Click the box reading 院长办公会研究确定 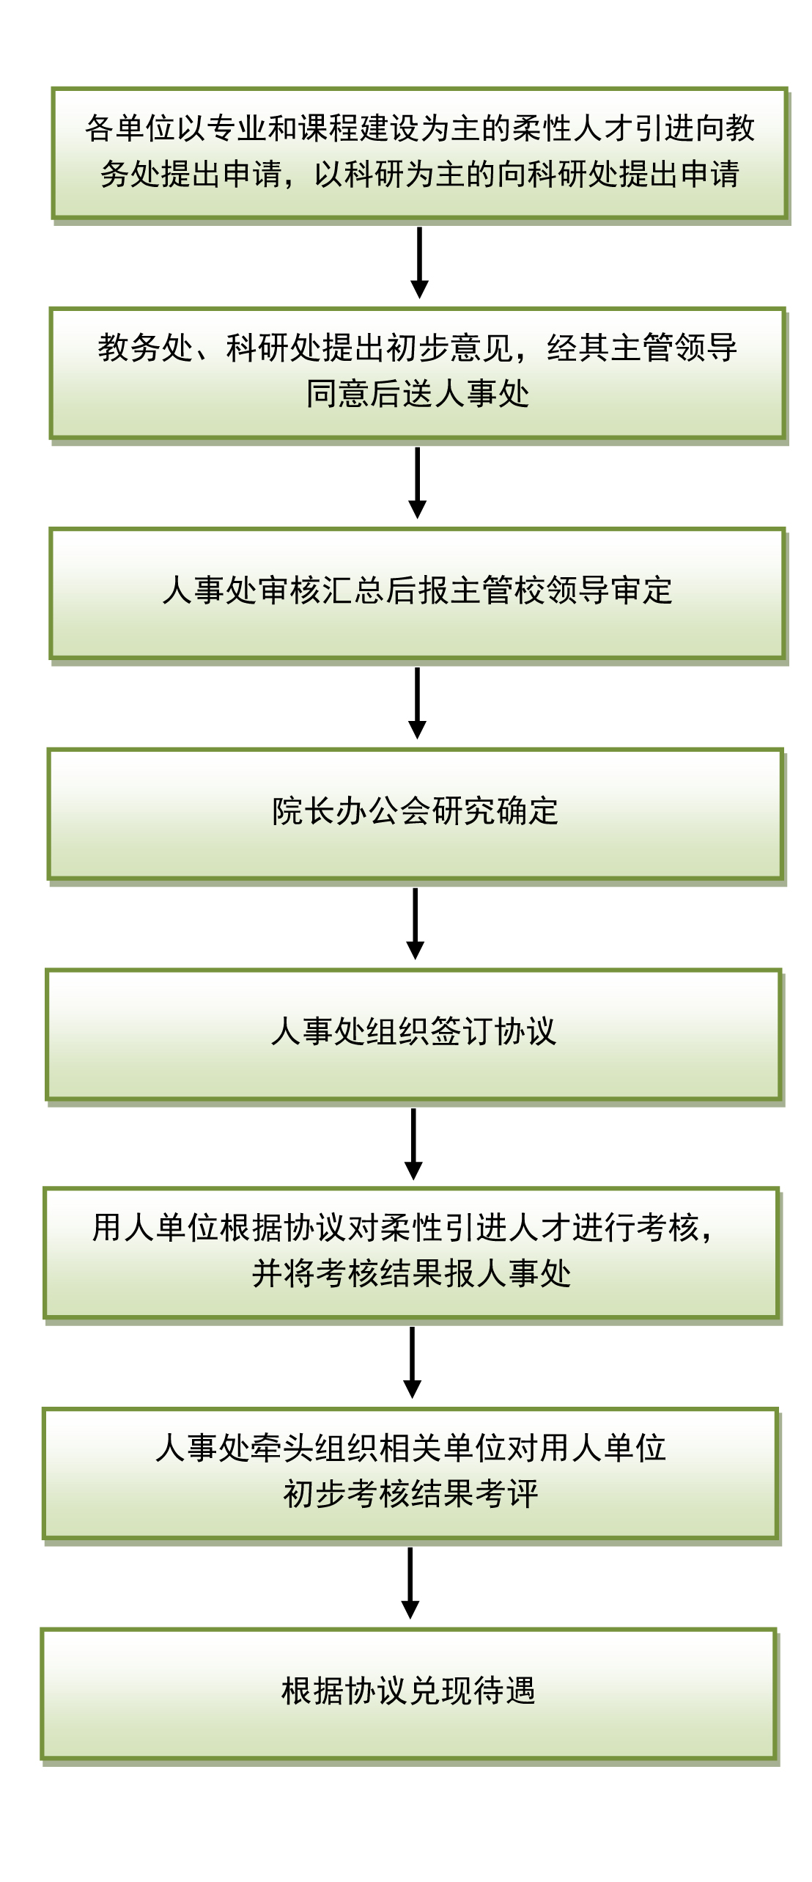[x=416, y=814]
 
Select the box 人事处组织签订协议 [x=414, y=1035]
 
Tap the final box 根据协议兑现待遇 [x=408, y=1694]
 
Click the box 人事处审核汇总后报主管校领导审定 [x=418, y=593]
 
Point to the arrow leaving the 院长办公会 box [x=416, y=923]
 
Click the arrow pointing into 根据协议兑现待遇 [x=410, y=1583]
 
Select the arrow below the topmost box [x=420, y=263]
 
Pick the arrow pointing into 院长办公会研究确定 [x=418, y=703]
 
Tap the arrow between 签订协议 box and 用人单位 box [x=414, y=1143]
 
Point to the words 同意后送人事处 [x=418, y=394]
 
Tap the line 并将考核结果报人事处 [x=412, y=1274]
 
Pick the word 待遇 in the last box [x=505, y=1691]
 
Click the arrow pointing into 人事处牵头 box [x=413, y=1362]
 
